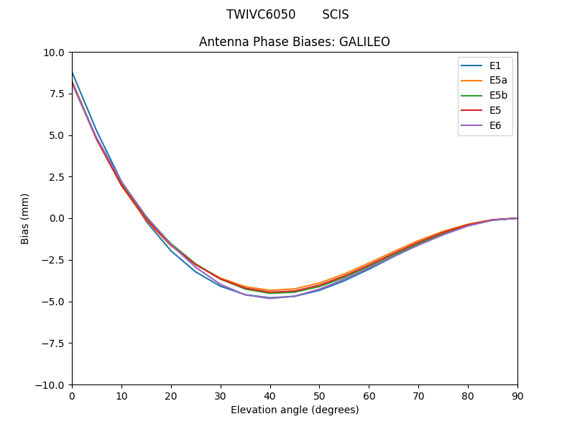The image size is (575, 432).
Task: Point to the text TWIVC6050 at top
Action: coord(261,14)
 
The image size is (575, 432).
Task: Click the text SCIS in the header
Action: coord(335,14)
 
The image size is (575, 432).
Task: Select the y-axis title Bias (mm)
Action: coord(25,218)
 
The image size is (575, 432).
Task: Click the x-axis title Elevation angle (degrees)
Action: coord(295,410)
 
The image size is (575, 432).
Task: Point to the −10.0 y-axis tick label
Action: coord(52,384)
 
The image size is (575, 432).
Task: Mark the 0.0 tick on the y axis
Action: coord(57,218)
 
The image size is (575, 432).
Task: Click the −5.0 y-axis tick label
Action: coord(55,302)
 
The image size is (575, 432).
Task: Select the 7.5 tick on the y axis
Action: coord(57,94)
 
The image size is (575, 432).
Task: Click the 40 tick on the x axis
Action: coord(270,395)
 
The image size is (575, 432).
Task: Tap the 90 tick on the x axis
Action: coord(517,395)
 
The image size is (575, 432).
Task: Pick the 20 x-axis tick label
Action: coord(171,395)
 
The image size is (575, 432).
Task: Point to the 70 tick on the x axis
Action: coord(418,395)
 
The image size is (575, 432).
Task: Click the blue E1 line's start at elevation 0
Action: coord(73,73)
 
